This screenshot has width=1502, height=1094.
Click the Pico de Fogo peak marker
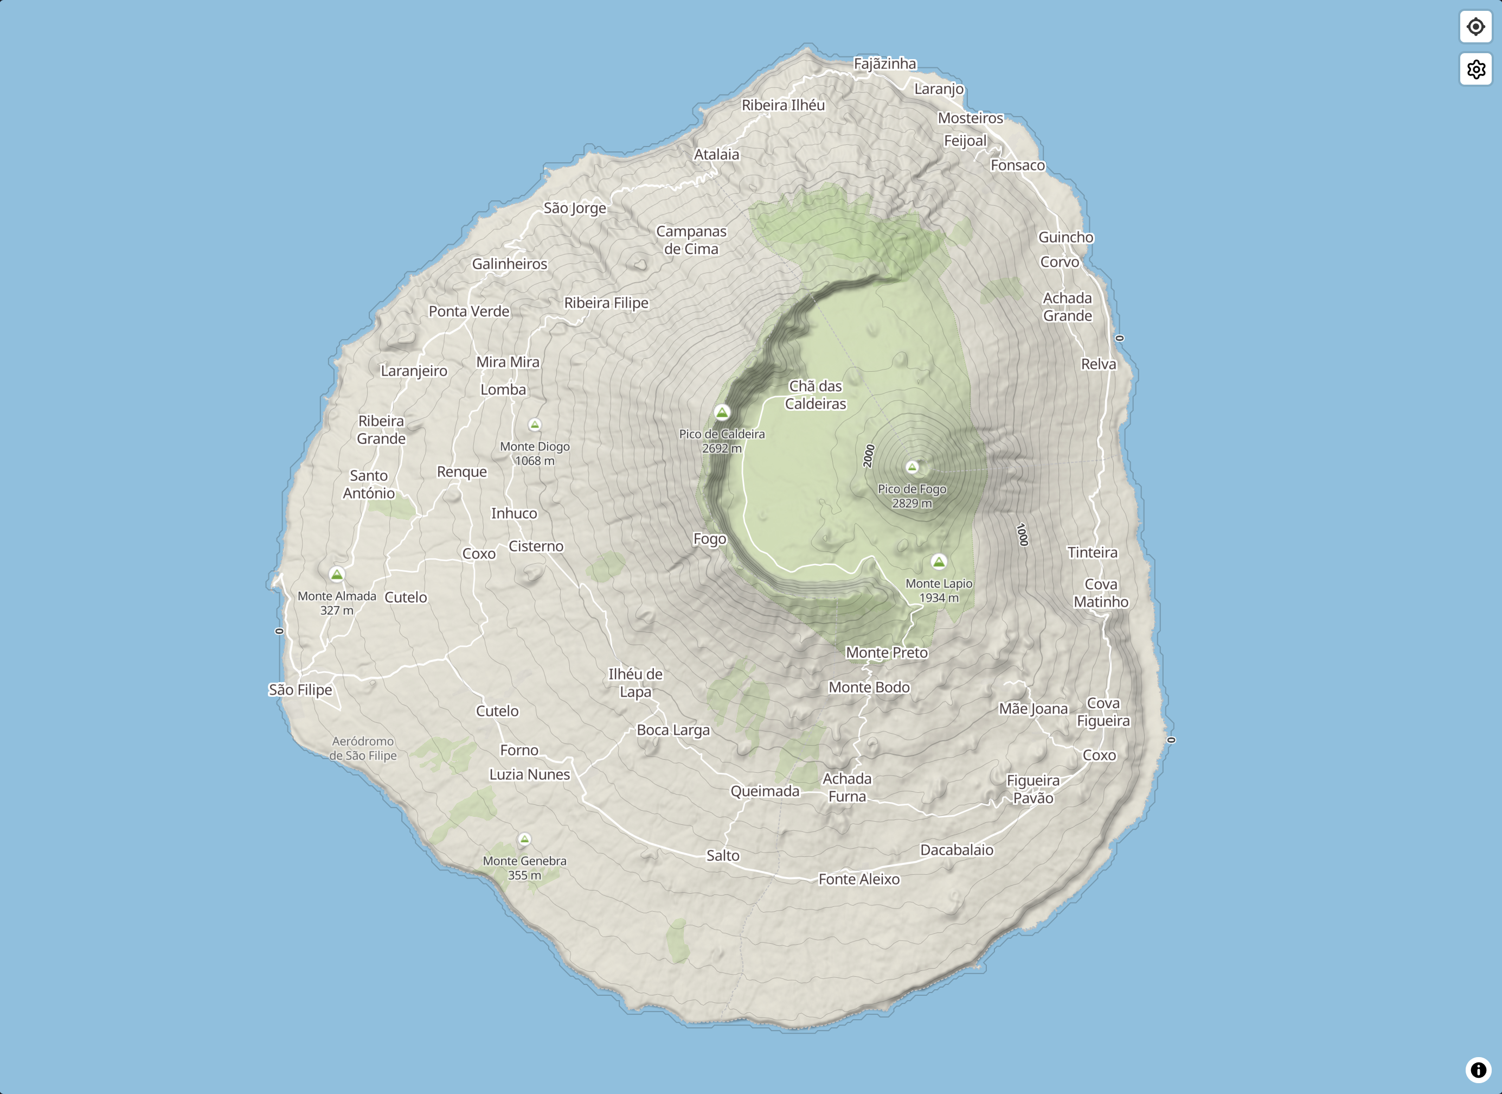[x=912, y=467]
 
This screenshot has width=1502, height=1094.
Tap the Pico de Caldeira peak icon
[x=722, y=412]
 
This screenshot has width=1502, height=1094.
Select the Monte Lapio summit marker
[x=939, y=562]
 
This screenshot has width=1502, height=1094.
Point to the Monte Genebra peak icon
[x=524, y=839]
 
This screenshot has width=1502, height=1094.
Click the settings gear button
[x=1475, y=69]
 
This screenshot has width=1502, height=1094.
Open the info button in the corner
[x=1478, y=1070]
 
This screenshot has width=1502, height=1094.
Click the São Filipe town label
[x=300, y=690]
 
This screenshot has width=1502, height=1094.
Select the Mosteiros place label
[x=970, y=118]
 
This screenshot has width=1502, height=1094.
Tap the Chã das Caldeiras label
[x=815, y=395]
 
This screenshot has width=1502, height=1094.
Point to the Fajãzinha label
[x=885, y=63]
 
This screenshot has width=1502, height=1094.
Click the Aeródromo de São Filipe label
[x=363, y=748]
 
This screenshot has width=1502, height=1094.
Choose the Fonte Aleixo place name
[x=859, y=879]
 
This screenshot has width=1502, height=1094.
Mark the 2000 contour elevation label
[x=869, y=456]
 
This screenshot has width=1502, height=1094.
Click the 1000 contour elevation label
[x=1022, y=535]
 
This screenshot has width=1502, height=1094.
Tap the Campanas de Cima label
[x=691, y=240]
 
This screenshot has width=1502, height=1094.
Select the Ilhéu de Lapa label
[x=635, y=683]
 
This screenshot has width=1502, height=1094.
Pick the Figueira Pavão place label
[x=1033, y=789]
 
